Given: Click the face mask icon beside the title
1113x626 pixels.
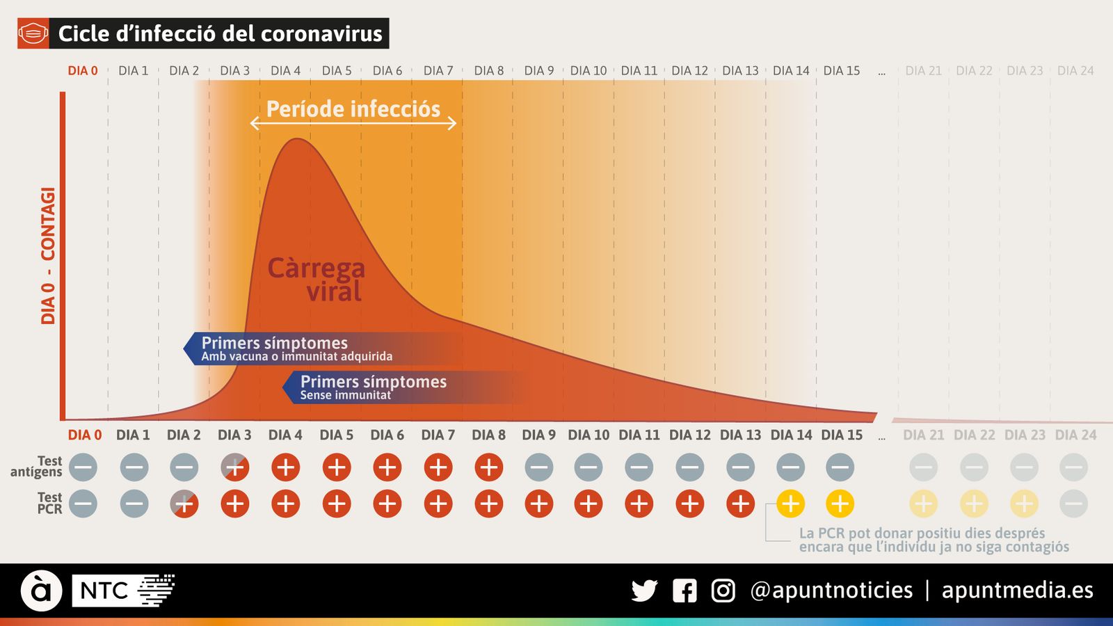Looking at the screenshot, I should pyautogui.click(x=33, y=33).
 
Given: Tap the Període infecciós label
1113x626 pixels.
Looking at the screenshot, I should pyautogui.click(x=353, y=109).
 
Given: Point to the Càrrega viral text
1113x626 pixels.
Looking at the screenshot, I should pyautogui.click(x=317, y=279).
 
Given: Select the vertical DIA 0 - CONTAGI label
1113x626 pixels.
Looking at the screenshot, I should pyautogui.click(x=47, y=255).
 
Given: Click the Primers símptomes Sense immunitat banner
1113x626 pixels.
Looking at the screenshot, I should pyautogui.click(x=373, y=387).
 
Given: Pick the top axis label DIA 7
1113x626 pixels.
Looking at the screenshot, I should pyautogui.click(x=438, y=71).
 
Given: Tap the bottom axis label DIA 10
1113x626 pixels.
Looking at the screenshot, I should pyautogui.click(x=588, y=435).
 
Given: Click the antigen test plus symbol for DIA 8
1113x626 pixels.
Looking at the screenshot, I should pyautogui.click(x=489, y=467).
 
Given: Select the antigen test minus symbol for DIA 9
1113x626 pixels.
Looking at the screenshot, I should pyautogui.click(x=539, y=467).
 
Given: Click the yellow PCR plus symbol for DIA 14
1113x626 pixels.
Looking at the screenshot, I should pyautogui.click(x=791, y=504).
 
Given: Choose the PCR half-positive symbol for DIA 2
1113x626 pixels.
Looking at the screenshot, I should pyautogui.click(x=184, y=504).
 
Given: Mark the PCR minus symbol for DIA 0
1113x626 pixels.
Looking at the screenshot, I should pyautogui.click(x=83, y=504).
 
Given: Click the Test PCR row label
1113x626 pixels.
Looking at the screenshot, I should pyautogui.click(x=49, y=503).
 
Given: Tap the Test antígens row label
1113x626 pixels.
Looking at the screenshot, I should pyautogui.click(x=38, y=466).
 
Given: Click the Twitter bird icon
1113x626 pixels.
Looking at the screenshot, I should pyautogui.click(x=644, y=591).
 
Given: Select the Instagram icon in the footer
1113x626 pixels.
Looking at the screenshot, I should pyautogui.click(x=723, y=591).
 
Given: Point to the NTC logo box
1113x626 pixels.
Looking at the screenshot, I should pyautogui.click(x=102, y=591).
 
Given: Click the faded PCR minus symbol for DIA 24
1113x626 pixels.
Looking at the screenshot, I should pyautogui.click(x=1073, y=504).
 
